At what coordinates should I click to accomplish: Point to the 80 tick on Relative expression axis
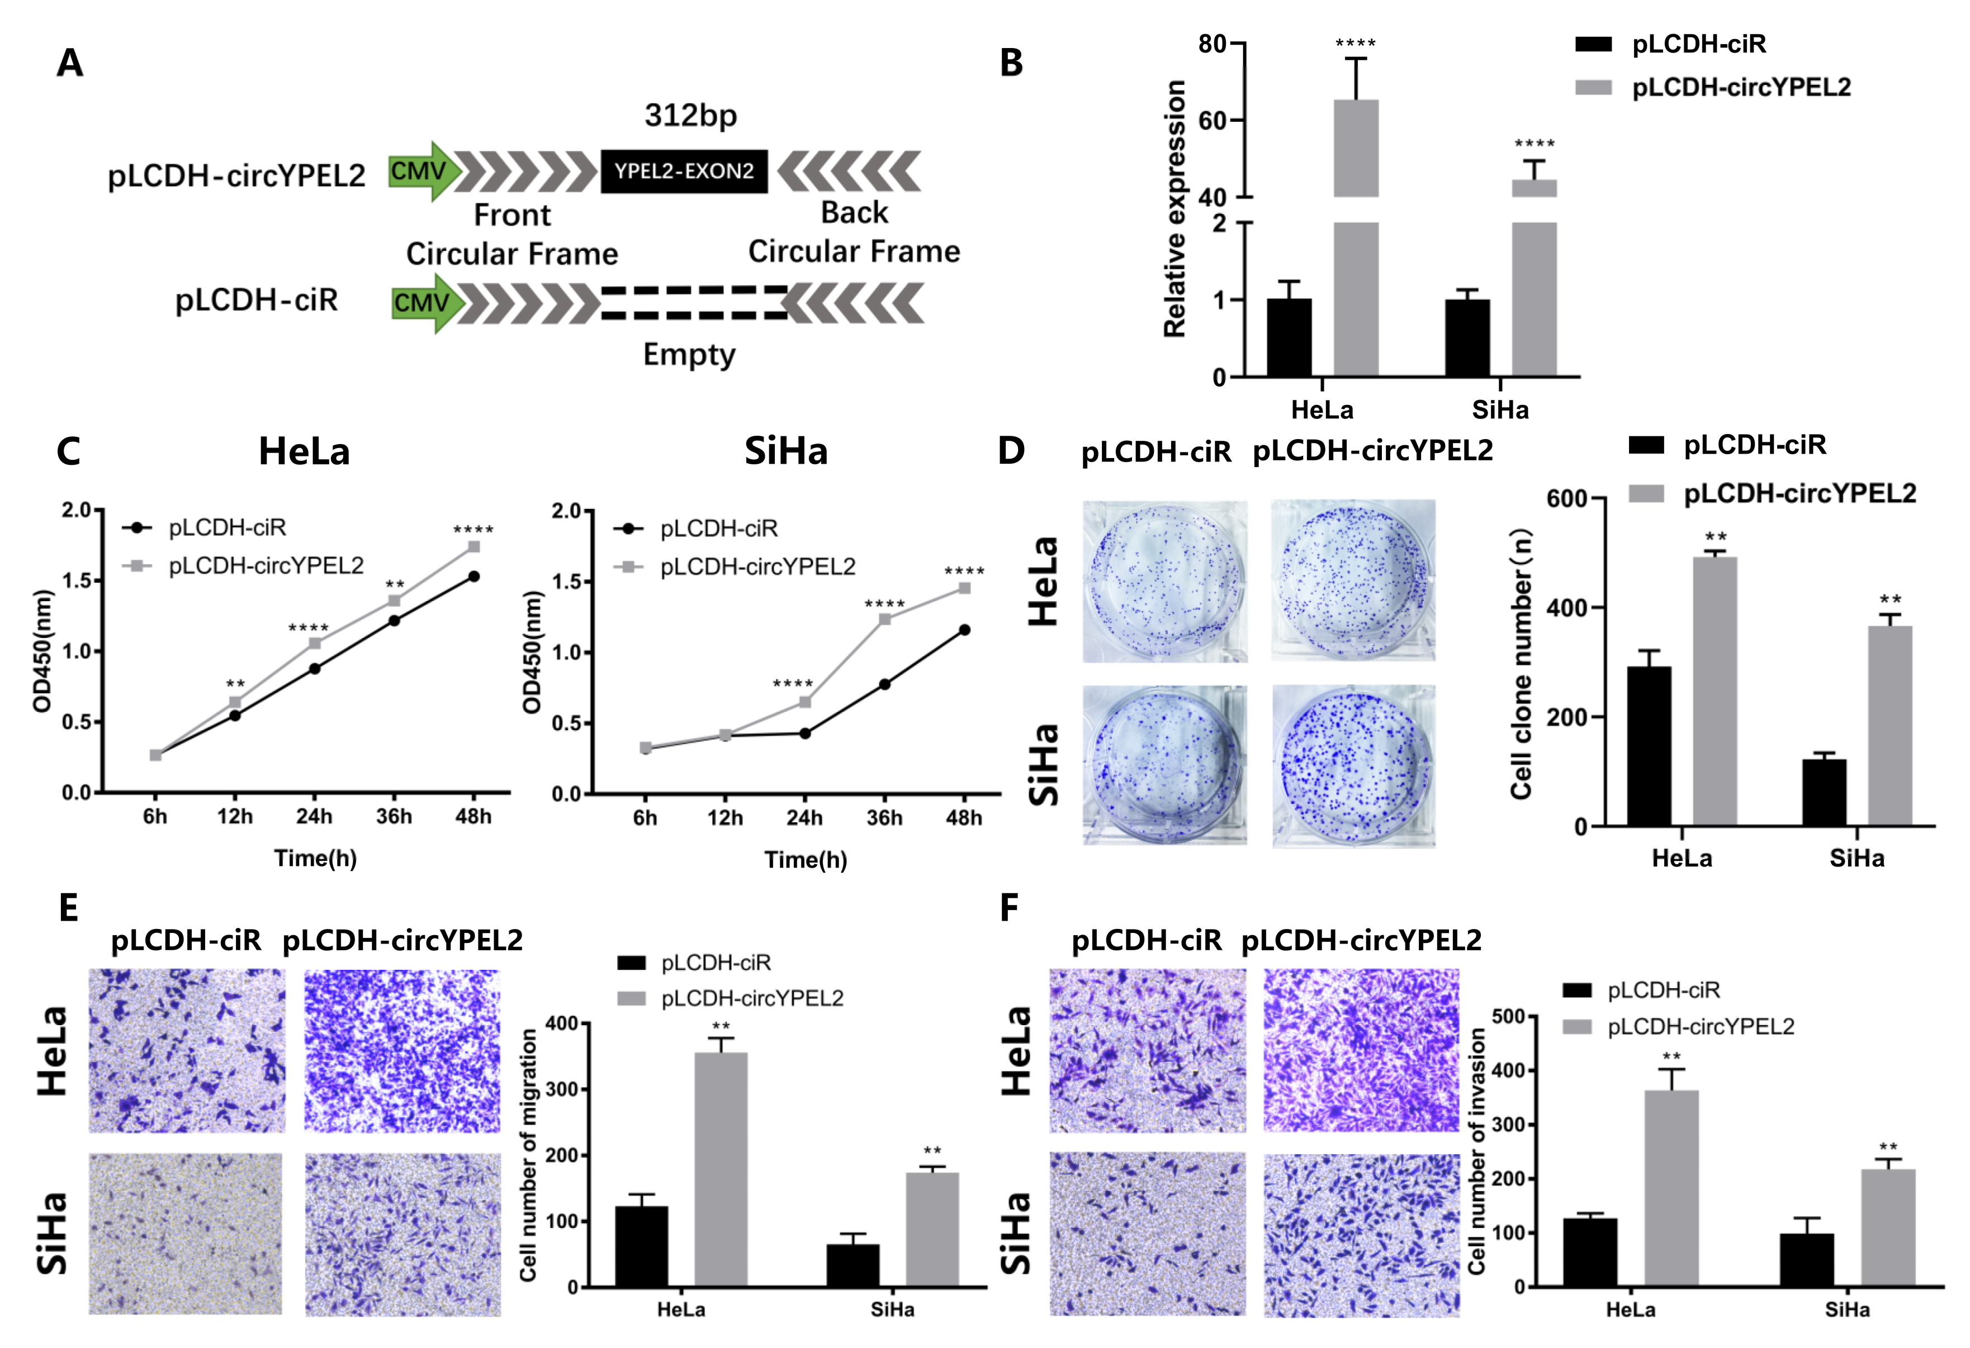1212,44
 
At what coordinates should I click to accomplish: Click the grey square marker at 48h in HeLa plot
474,546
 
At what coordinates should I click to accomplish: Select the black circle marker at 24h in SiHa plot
804,733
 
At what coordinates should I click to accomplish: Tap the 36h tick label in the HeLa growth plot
394,816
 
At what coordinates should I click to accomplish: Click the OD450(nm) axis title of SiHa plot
532,652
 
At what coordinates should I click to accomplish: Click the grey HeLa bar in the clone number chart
1715,690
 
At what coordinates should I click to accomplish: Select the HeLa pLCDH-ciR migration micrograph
187,1051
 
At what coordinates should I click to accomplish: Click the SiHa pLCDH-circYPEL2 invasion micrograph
1361,1235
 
